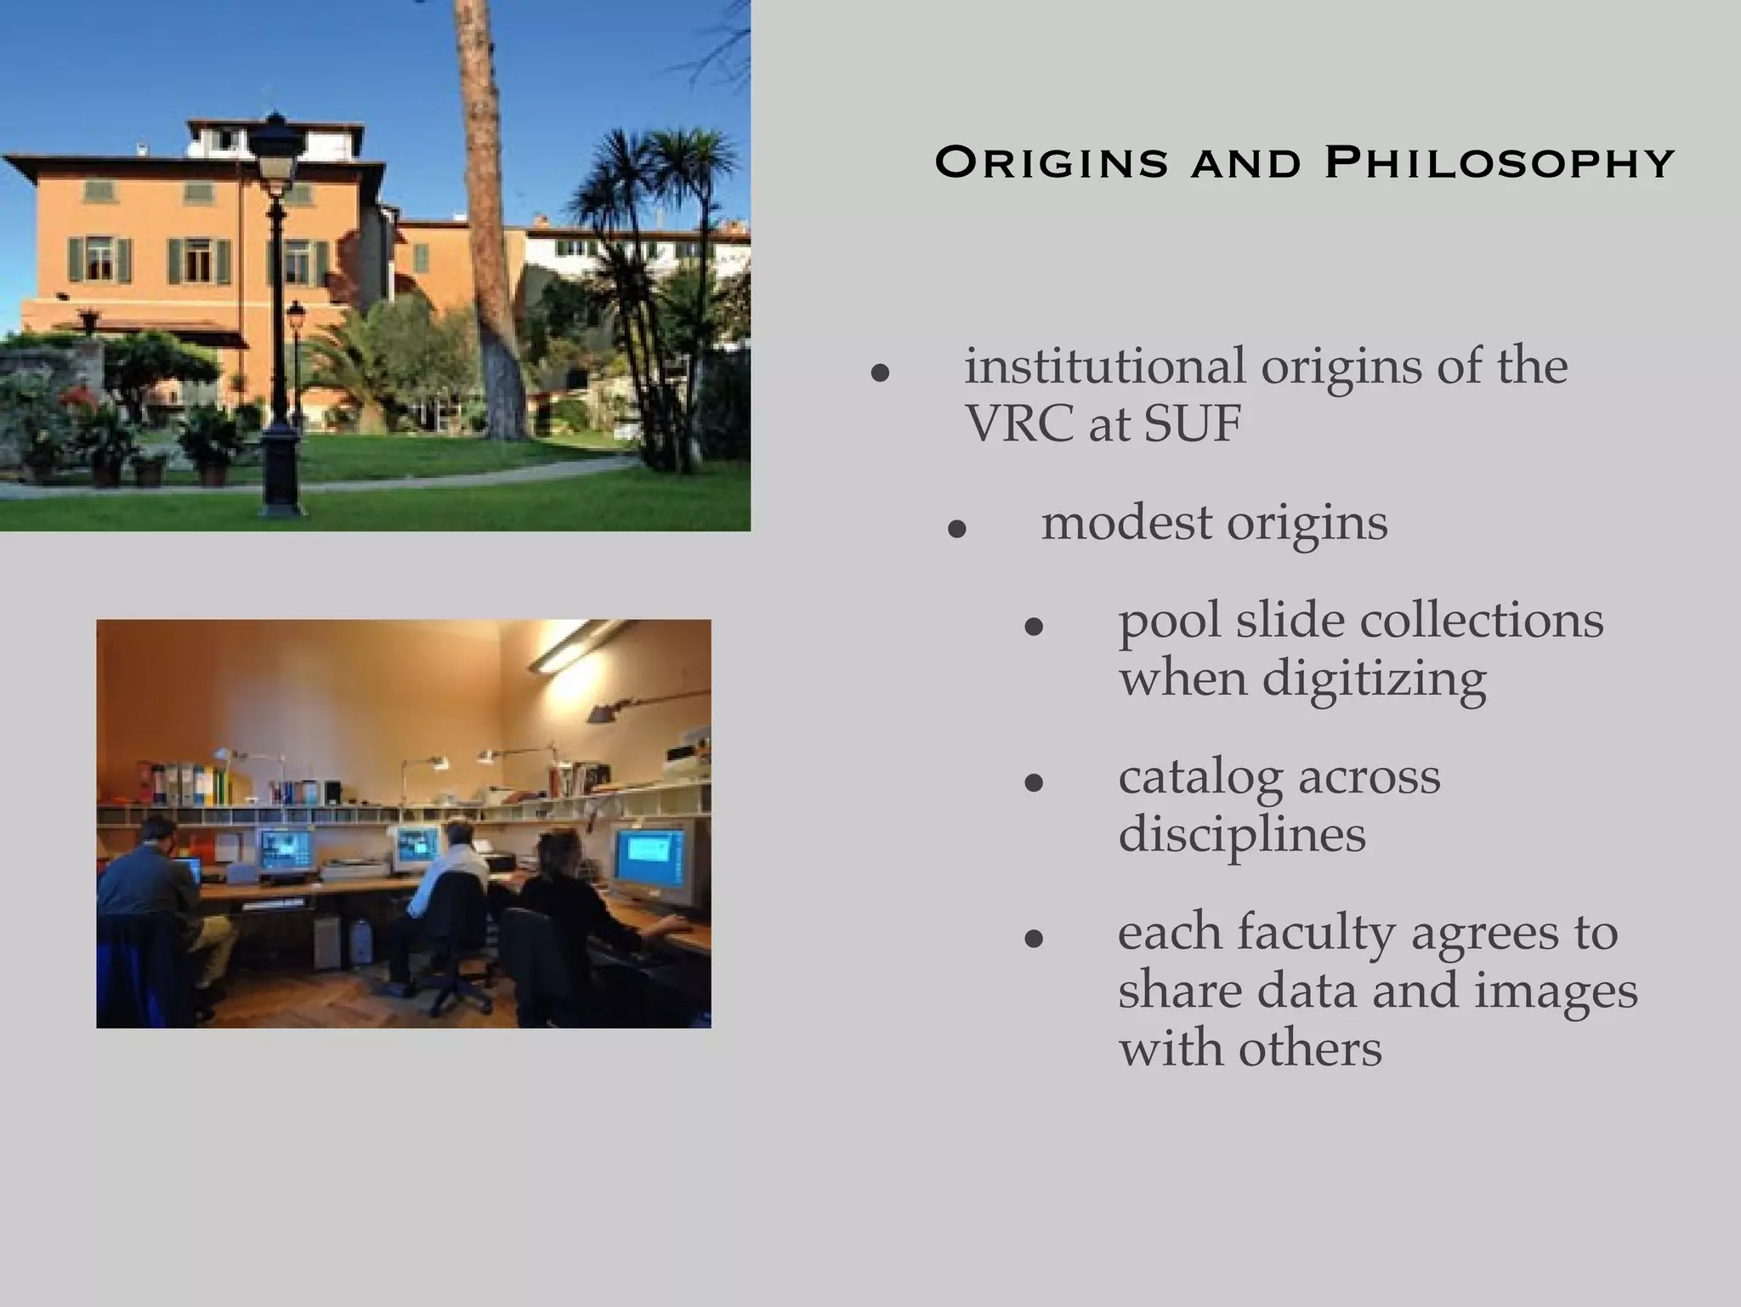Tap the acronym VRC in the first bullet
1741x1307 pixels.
1017,423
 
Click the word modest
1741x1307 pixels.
1126,522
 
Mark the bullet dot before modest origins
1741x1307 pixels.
957,530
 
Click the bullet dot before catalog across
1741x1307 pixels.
1034,782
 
